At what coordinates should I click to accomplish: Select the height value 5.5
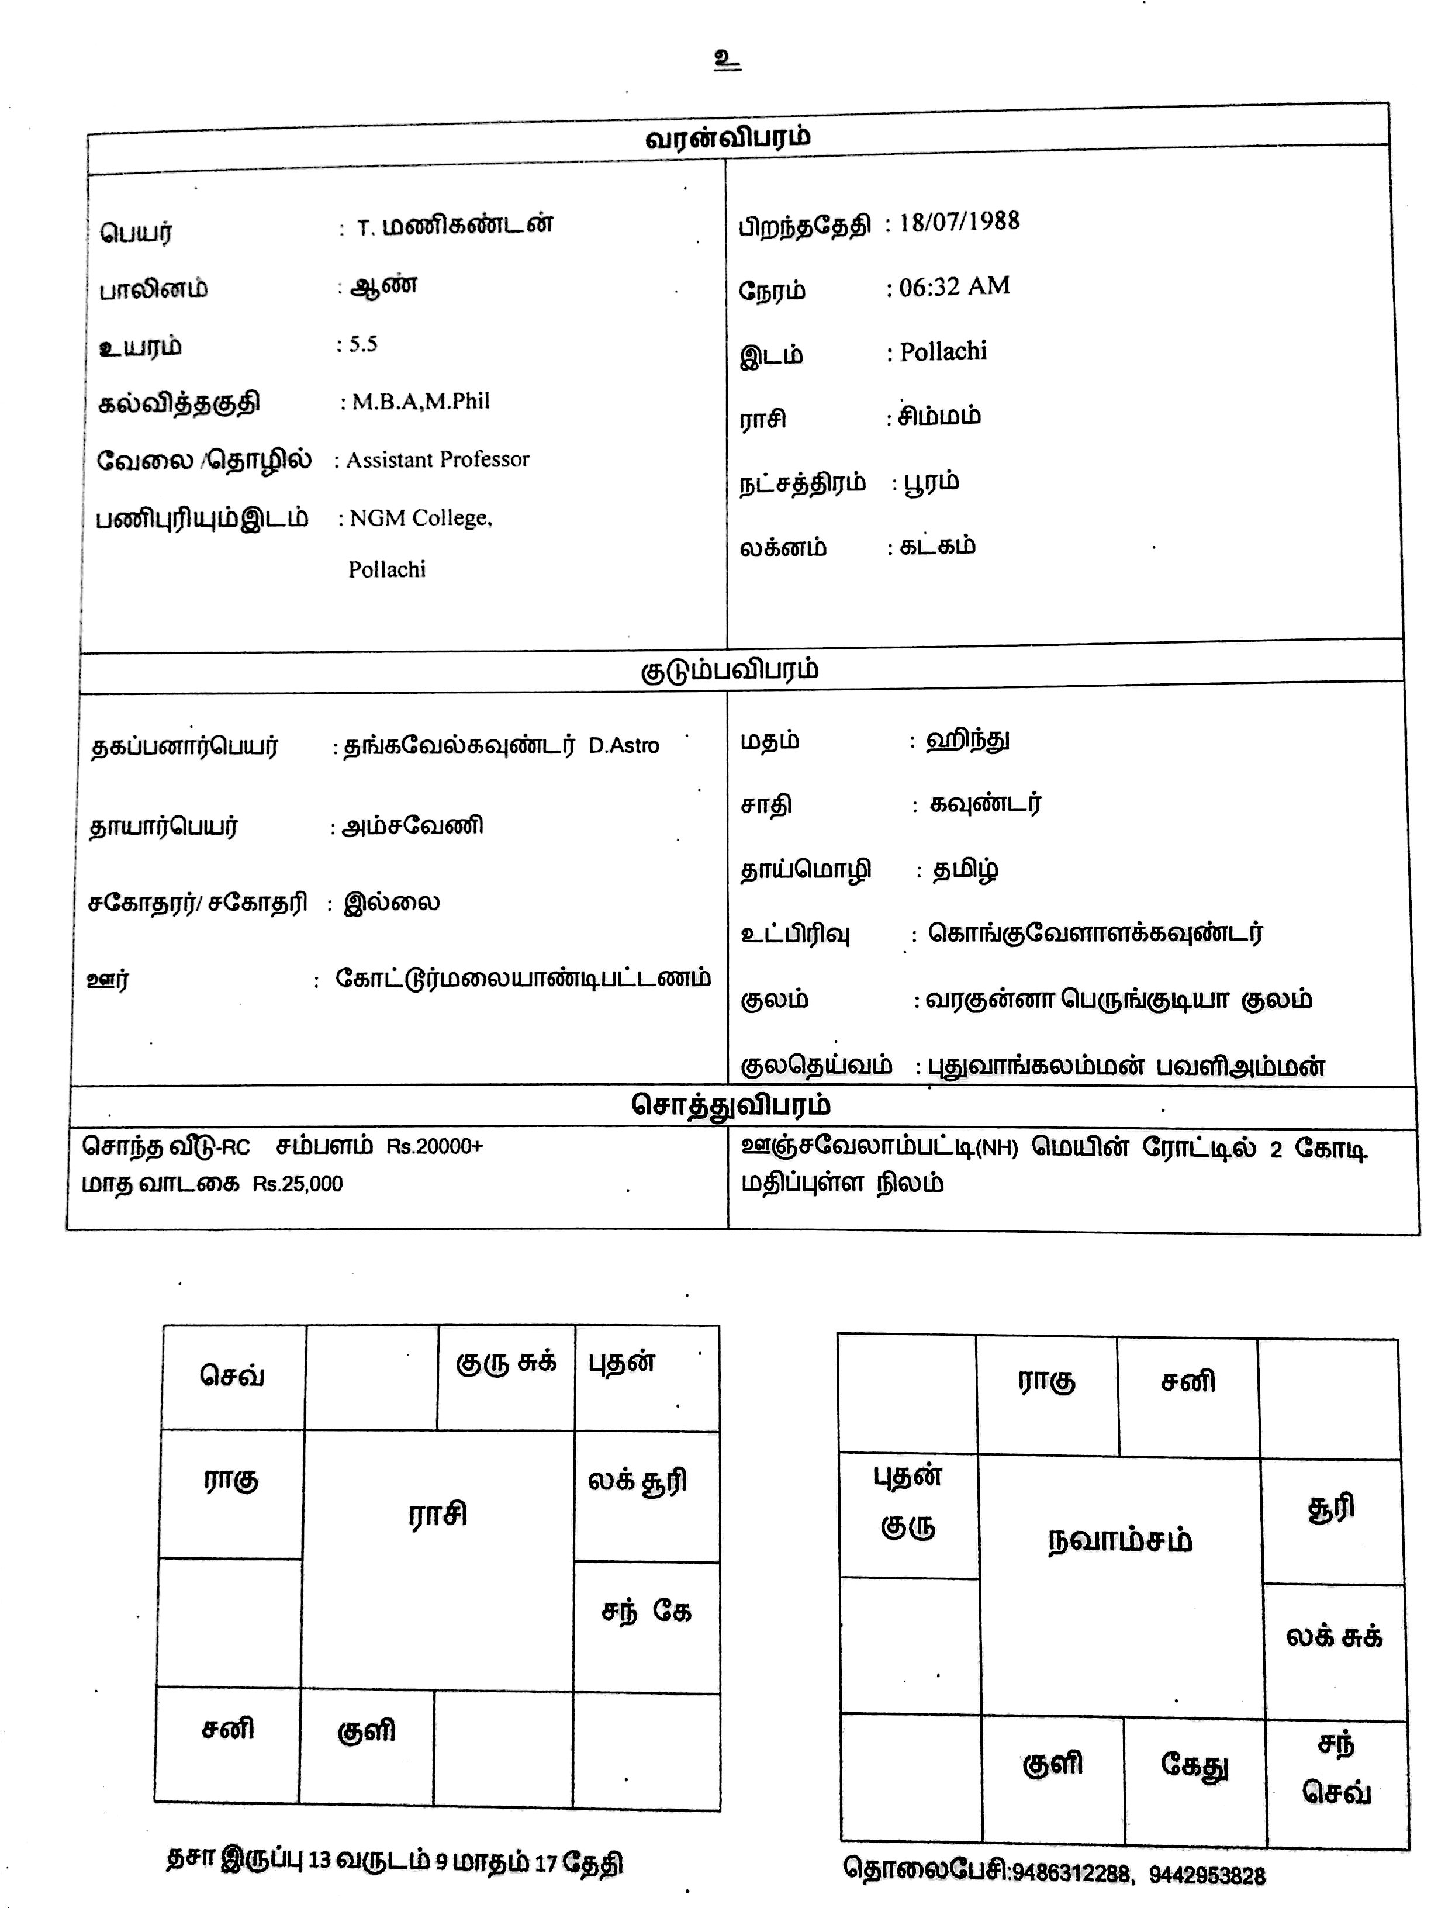[x=363, y=344]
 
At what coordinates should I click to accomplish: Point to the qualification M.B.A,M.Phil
[x=420, y=401]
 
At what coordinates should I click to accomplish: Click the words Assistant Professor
[x=437, y=459]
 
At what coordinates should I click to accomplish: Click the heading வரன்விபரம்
[x=727, y=138]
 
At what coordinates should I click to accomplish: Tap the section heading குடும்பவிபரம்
[x=729, y=670]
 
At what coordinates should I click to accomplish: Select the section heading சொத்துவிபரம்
[x=731, y=1105]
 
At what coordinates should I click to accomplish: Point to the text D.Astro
[x=624, y=746]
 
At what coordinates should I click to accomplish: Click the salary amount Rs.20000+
[x=435, y=1146]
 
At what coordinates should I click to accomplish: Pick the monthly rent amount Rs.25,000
[x=298, y=1184]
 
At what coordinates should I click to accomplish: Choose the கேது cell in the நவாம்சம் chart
[x=1194, y=1764]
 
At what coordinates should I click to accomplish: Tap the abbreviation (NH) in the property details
[x=997, y=1149]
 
